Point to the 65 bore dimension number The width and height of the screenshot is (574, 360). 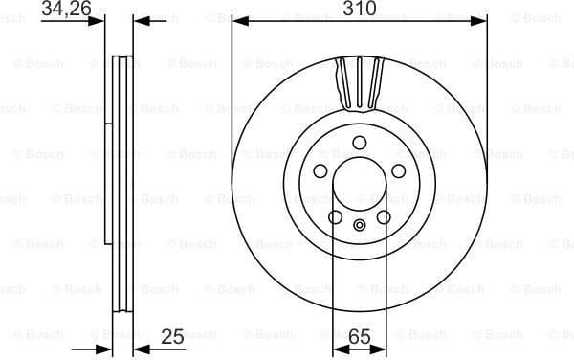click(x=360, y=336)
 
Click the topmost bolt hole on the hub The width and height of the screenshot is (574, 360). click(x=360, y=144)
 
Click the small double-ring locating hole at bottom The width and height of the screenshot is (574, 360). click(x=360, y=227)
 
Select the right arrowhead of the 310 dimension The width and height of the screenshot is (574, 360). click(x=481, y=19)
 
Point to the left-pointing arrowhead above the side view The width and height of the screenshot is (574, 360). click(x=140, y=19)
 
